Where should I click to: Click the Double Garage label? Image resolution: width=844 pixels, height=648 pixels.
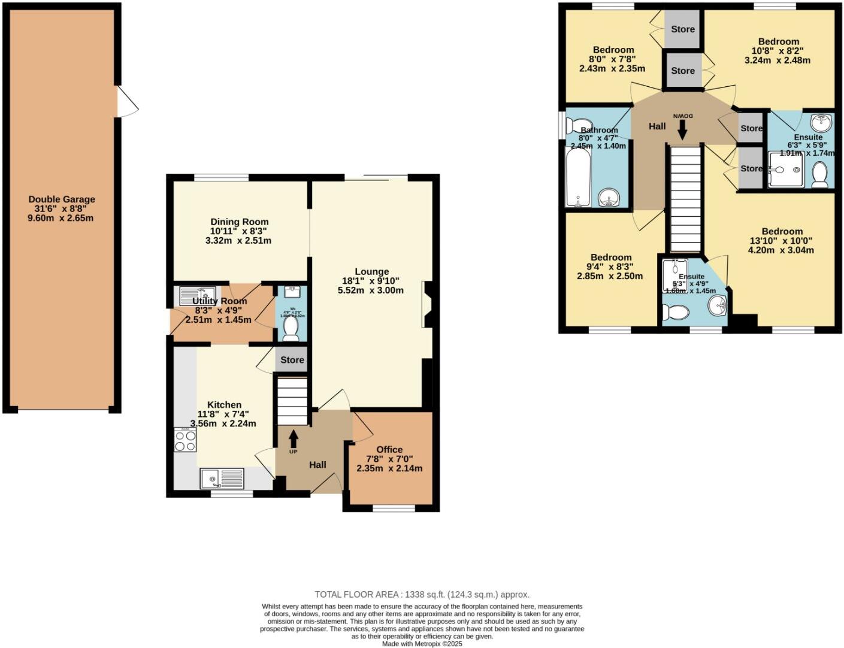[x=62, y=199]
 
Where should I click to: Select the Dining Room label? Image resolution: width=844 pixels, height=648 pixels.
[x=239, y=222]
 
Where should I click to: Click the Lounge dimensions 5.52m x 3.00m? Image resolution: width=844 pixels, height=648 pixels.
[x=370, y=290]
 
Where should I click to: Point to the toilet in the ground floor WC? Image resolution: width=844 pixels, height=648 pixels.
[x=291, y=328]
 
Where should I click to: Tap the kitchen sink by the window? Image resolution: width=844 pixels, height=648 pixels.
[x=222, y=479]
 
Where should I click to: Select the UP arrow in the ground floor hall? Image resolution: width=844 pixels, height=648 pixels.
[x=294, y=440]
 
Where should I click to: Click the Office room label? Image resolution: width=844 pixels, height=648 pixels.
[x=389, y=450]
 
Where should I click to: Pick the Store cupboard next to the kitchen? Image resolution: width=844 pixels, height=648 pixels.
[x=292, y=359]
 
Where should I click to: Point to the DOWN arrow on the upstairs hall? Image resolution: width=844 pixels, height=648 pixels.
[x=682, y=127]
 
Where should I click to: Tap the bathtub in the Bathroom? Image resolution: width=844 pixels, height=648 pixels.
[x=579, y=177]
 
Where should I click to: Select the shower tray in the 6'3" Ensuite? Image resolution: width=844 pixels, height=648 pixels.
[x=786, y=169]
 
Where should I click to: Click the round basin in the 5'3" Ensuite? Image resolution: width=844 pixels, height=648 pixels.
[x=719, y=307]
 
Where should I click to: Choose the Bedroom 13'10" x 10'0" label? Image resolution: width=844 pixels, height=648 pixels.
[x=782, y=232]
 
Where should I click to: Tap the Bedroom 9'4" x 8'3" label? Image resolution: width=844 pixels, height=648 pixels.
[x=610, y=258]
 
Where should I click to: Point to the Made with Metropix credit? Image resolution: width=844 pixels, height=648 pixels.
[x=422, y=644]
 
